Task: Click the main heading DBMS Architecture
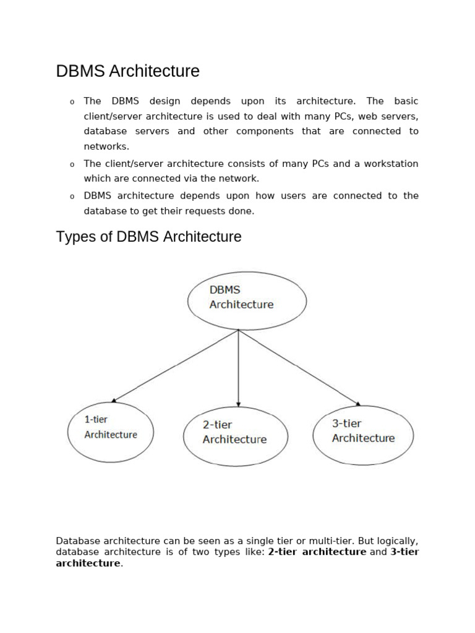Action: [127, 72]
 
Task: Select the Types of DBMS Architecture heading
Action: [148, 237]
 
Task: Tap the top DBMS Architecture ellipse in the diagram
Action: [247, 300]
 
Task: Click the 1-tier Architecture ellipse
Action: [111, 431]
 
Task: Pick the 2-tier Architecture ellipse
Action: [236, 436]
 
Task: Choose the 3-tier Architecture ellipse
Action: [363, 435]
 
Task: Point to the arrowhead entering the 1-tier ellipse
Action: [114, 401]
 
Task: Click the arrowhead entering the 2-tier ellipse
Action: [239, 404]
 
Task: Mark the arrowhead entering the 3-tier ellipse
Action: [357, 404]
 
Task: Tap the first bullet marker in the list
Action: [72, 102]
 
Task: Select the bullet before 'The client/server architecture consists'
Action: [72, 164]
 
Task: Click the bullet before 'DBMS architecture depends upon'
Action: [72, 197]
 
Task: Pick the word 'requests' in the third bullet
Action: [205, 211]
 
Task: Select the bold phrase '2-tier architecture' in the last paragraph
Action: [317, 552]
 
